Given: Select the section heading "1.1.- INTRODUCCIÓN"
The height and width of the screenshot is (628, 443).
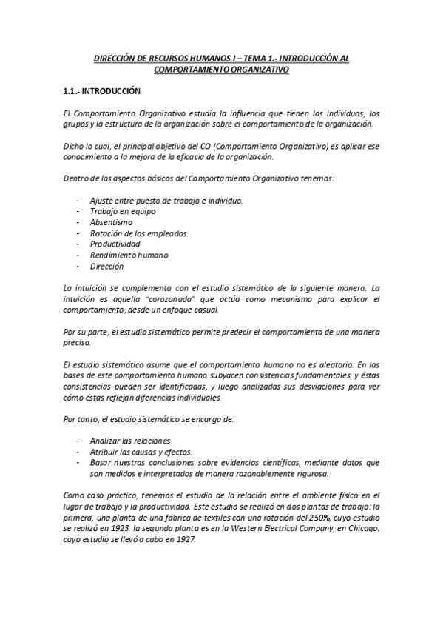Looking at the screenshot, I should [x=100, y=92].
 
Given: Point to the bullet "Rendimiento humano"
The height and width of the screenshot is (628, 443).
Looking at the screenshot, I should [x=129, y=255].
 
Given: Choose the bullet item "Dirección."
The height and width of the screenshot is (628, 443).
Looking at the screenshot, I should [x=108, y=266].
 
